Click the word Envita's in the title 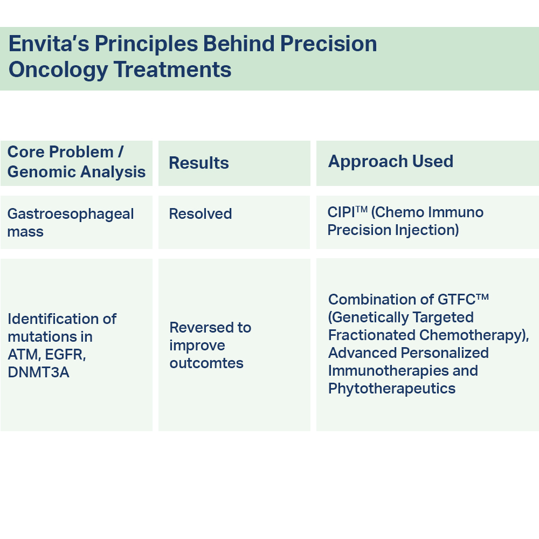(x=49, y=44)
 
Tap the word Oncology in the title (x=58, y=70)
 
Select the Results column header (x=199, y=163)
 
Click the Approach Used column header (x=391, y=161)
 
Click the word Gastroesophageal (x=71, y=214)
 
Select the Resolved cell (x=201, y=214)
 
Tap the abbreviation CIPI (x=341, y=212)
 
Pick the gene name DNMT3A (x=38, y=372)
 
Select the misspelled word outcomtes (x=206, y=363)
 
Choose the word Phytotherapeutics (x=392, y=389)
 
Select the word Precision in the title (x=329, y=44)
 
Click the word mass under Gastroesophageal (x=25, y=232)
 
